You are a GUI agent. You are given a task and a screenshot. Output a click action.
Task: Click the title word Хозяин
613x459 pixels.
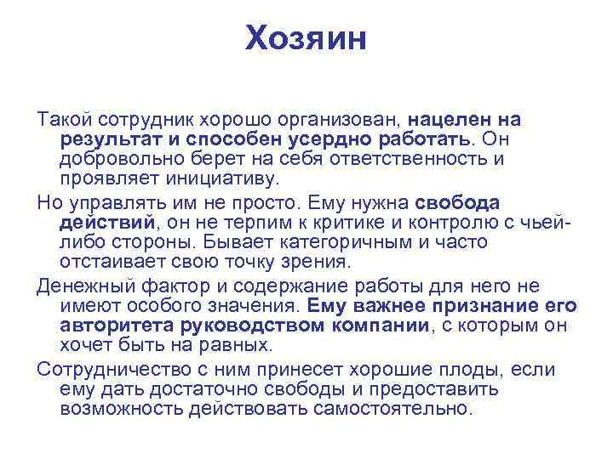tap(306, 38)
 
